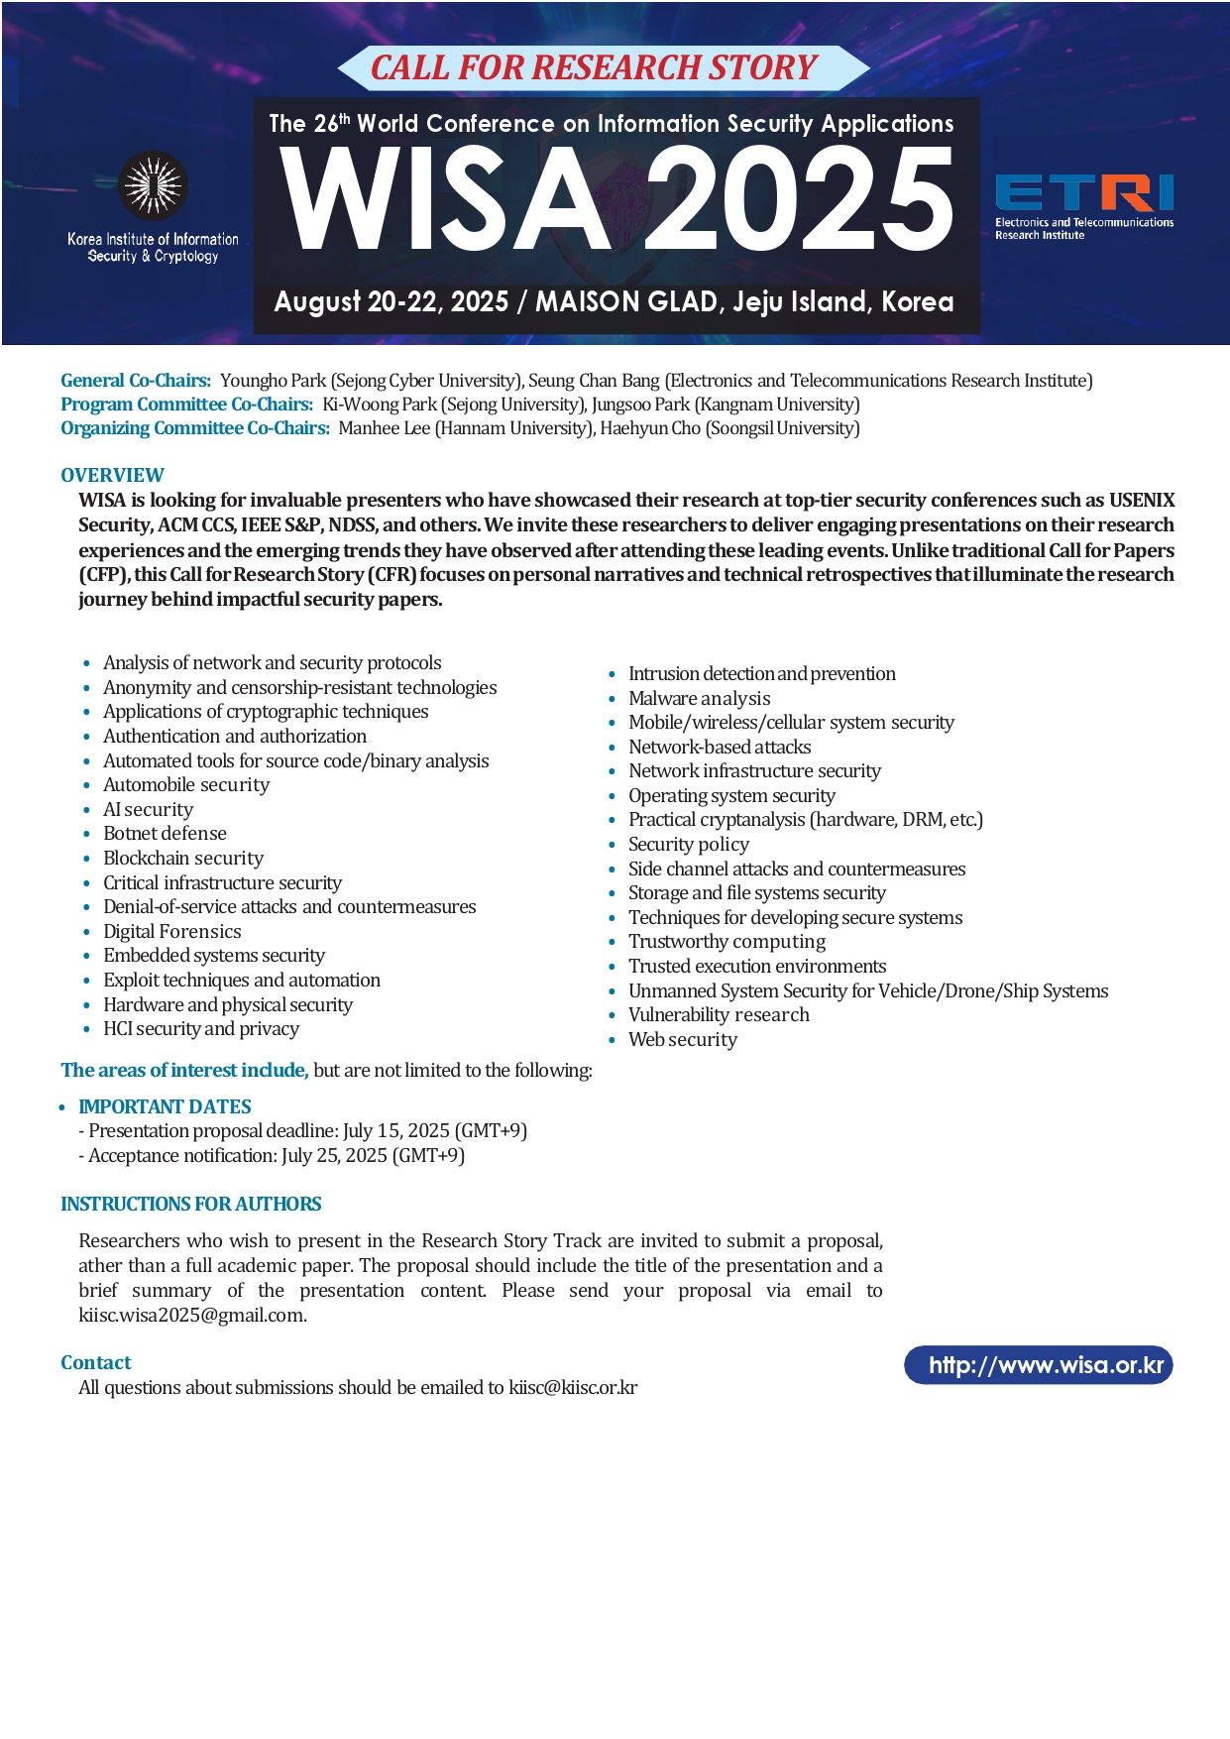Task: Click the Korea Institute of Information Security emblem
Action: coord(153,185)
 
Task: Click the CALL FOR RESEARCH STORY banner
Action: coord(594,67)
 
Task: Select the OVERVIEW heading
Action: coord(112,475)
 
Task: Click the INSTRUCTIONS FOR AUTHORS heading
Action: coord(190,1204)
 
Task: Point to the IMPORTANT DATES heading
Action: coord(165,1106)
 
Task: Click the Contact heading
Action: coord(95,1362)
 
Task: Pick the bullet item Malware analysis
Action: coord(699,698)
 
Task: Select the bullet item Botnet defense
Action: coord(165,833)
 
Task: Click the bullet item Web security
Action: coord(682,1039)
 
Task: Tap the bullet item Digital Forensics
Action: coord(171,931)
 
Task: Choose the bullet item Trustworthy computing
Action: coord(727,941)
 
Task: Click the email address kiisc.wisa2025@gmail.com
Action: coord(192,1315)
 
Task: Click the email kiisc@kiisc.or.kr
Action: coord(573,1387)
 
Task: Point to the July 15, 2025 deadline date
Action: coord(395,1130)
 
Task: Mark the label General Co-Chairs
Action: coord(136,380)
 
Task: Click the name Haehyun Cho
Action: coord(649,428)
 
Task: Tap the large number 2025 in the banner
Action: coord(799,198)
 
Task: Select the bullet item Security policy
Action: coord(688,844)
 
